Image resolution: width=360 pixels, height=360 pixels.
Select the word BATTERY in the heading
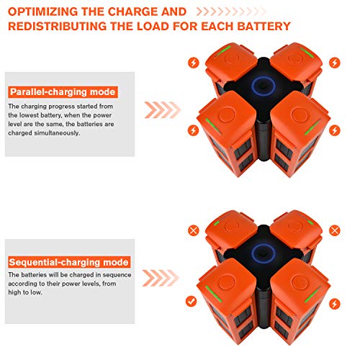click(x=261, y=27)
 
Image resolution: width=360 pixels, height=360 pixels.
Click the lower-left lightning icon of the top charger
click(x=192, y=130)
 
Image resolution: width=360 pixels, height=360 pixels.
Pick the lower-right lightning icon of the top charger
click(x=335, y=130)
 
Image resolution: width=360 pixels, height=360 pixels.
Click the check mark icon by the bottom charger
click(x=192, y=300)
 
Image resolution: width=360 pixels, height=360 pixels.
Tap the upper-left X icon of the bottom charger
click(x=192, y=230)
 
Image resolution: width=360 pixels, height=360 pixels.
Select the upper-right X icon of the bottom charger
click(x=335, y=230)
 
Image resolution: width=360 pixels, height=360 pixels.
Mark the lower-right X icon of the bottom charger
click(x=335, y=300)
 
